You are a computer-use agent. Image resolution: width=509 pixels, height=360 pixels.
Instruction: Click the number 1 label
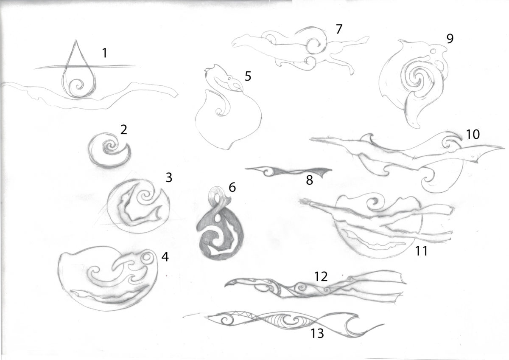tap(104, 53)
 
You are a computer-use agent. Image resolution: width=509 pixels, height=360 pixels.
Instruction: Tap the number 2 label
tap(123, 129)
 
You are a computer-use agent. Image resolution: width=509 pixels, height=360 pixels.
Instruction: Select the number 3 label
tap(169, 177)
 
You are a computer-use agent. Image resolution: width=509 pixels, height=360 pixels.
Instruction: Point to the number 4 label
tap(165, 257)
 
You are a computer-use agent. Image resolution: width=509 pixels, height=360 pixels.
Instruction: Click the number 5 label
tap(248, 76)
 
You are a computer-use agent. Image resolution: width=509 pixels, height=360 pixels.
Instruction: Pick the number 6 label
tap(232, 187)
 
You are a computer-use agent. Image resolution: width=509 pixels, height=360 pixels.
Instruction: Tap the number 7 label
tap(339, 29)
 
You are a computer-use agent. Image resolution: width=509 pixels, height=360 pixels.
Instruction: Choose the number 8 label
tap(310, 180)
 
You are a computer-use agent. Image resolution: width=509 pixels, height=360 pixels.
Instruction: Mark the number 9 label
tap(450, 39)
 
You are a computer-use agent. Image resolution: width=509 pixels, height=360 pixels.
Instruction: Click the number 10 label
tap(473, 134)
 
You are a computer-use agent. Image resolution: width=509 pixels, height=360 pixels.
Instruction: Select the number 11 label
tap(422, 251)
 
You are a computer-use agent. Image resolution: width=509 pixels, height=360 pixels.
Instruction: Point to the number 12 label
tap(321, 276)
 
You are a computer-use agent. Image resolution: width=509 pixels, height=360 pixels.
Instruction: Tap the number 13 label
tap(317, 334)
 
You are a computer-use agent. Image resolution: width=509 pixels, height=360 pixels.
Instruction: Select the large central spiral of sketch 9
tap(418, 77)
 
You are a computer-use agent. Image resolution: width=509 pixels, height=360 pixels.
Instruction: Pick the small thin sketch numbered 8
tap(288, 172)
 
